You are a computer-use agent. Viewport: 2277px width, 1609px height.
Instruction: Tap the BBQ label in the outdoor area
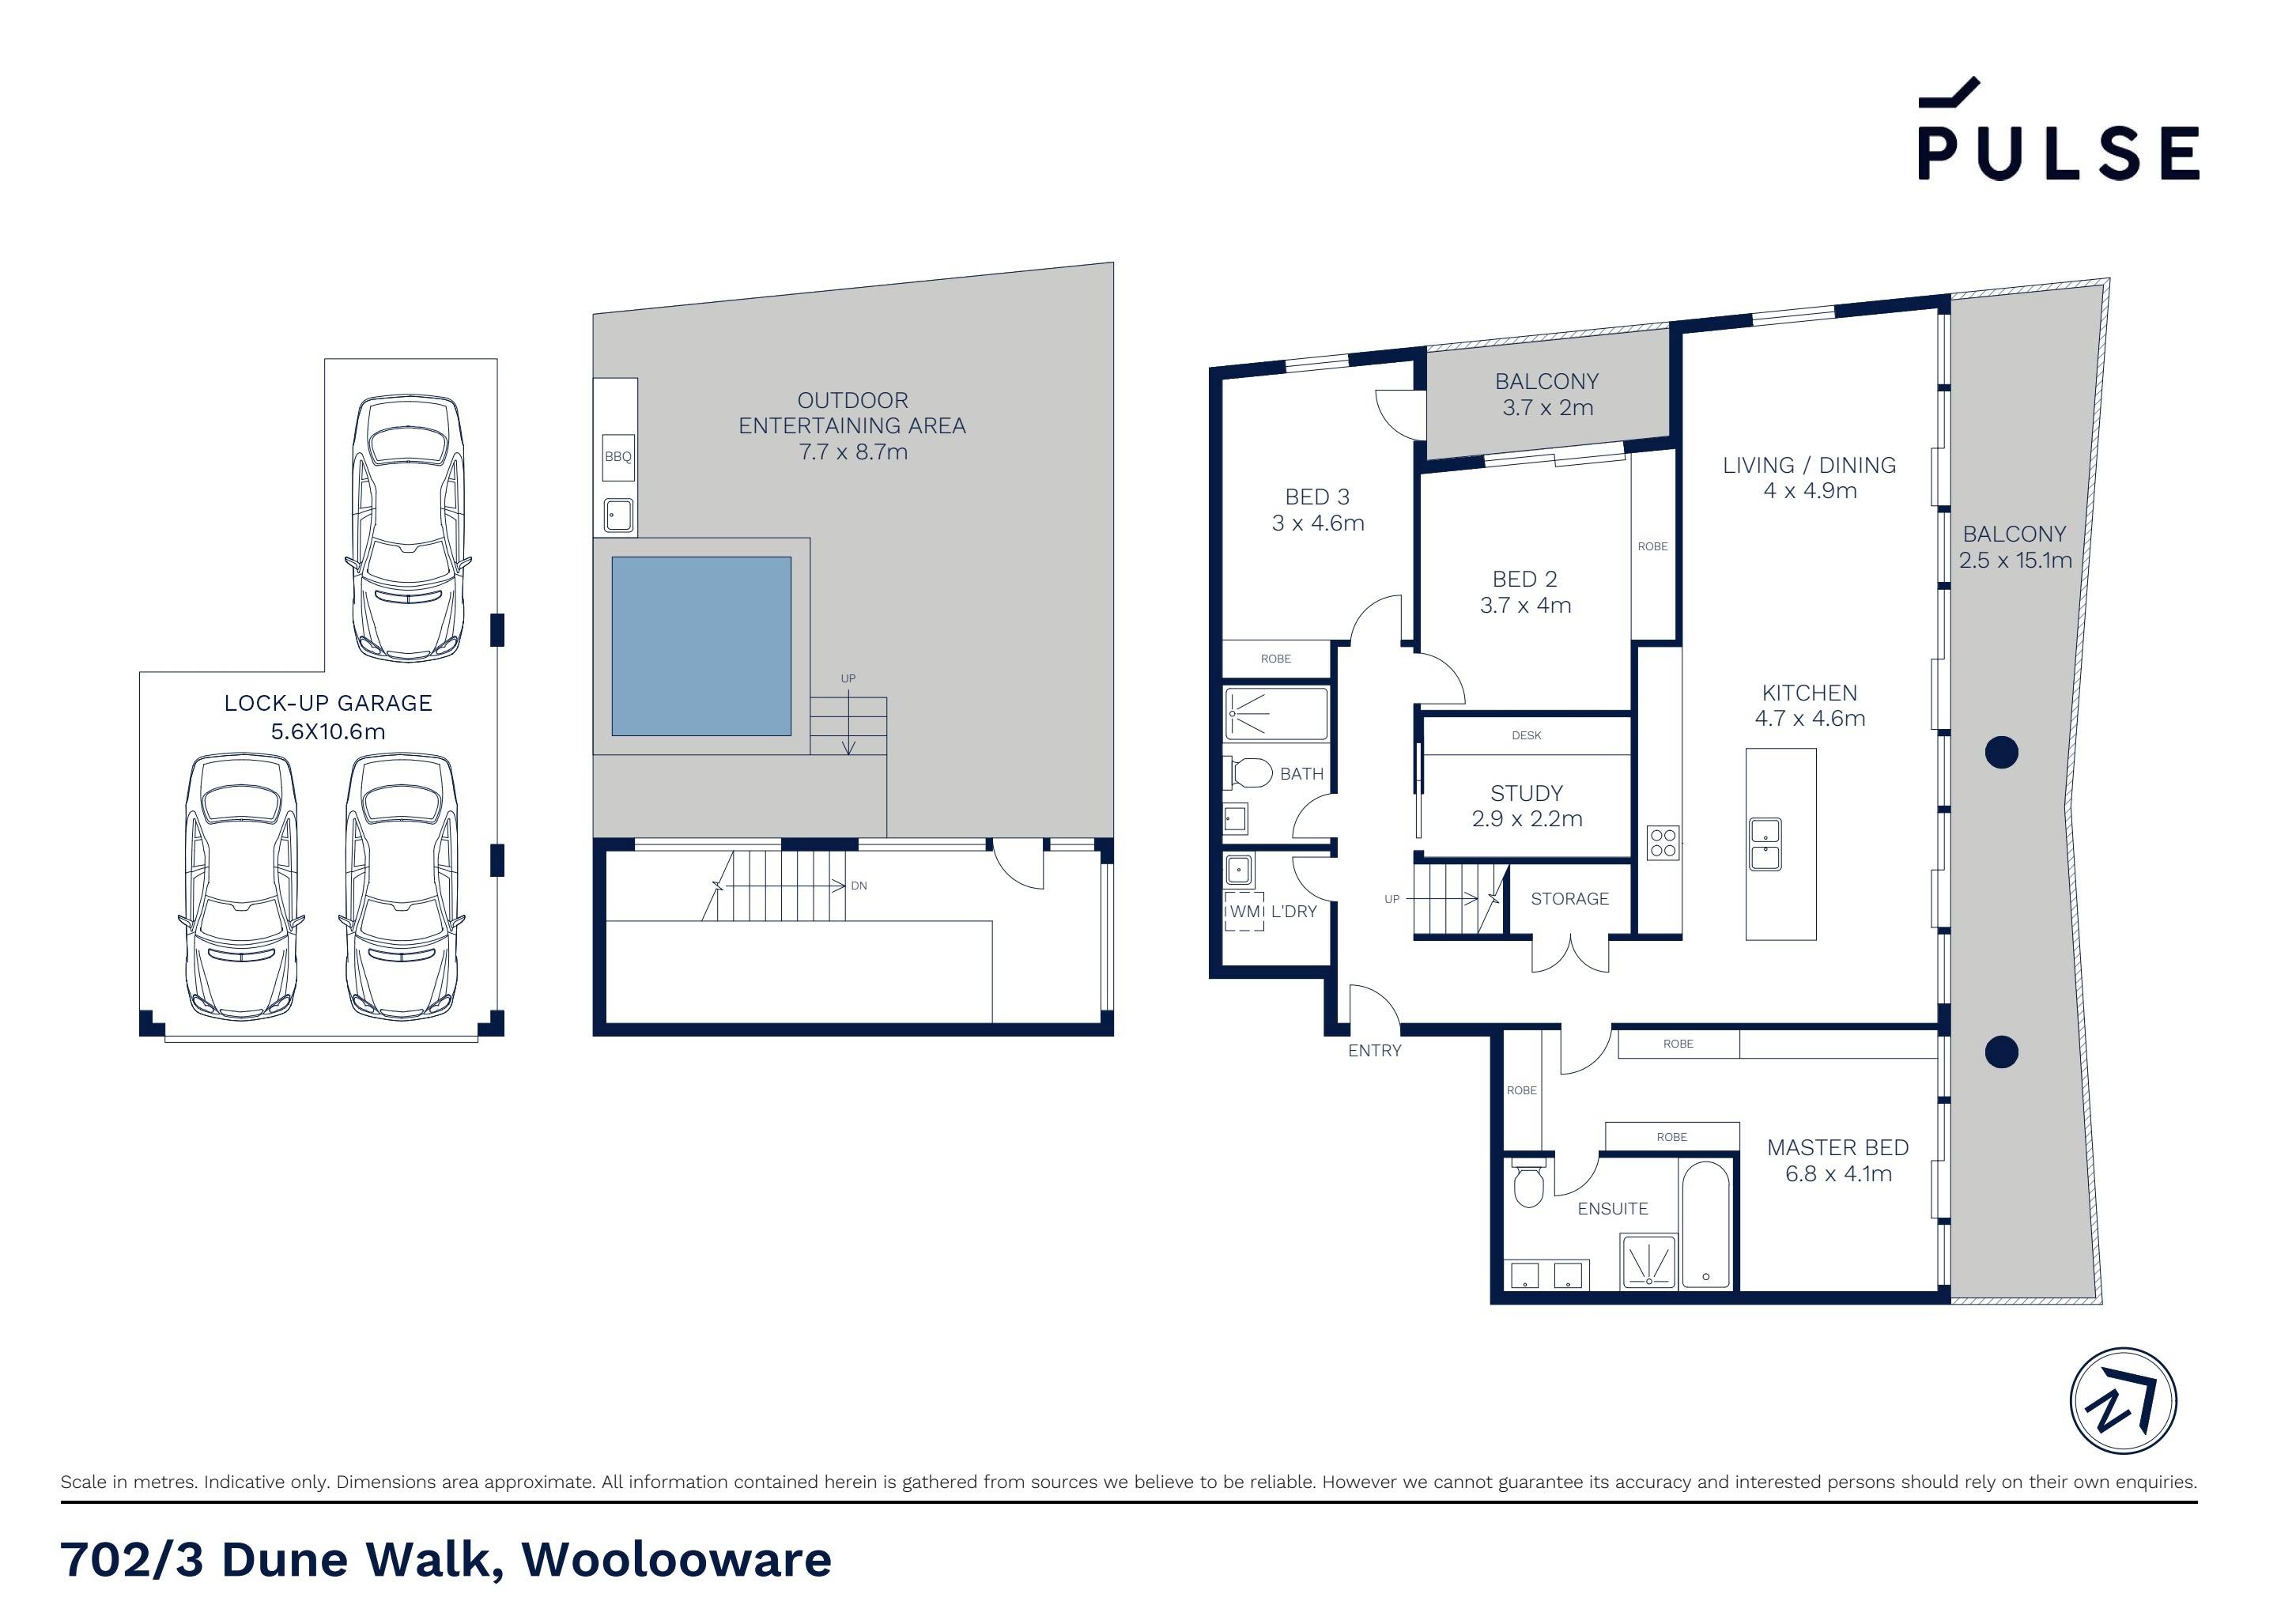617,457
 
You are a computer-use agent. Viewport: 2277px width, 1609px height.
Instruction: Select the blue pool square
701,646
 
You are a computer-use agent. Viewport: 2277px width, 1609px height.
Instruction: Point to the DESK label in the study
1526,735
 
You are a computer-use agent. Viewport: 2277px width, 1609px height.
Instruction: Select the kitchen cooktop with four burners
1663,843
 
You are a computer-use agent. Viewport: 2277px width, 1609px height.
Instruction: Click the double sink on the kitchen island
1765,845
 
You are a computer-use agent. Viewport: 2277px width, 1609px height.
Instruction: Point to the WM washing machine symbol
1244,912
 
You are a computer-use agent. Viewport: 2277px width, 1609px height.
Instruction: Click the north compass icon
2124,1402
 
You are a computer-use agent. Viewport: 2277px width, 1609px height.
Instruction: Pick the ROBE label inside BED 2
1652,546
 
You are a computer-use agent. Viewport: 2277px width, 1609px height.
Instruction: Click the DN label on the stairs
859,886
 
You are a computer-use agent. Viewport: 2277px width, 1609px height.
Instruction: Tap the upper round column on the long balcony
2001,753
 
